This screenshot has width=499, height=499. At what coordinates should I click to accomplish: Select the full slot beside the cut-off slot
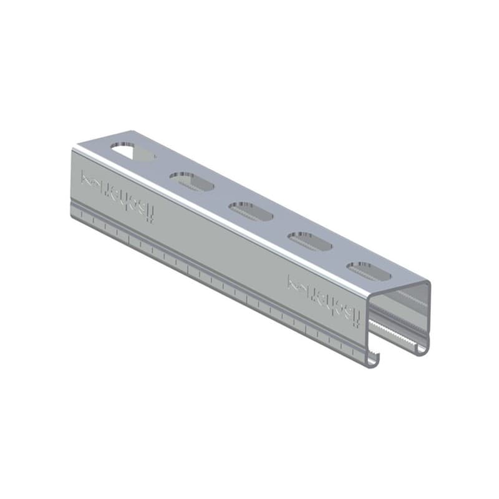191,182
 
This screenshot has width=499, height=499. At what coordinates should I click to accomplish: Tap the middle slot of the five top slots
250,211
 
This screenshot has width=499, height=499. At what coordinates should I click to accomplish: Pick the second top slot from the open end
309,241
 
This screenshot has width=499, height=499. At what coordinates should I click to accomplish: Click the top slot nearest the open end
369,271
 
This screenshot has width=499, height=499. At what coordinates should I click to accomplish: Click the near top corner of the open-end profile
369,299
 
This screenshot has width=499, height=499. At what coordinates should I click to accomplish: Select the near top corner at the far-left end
74,150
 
